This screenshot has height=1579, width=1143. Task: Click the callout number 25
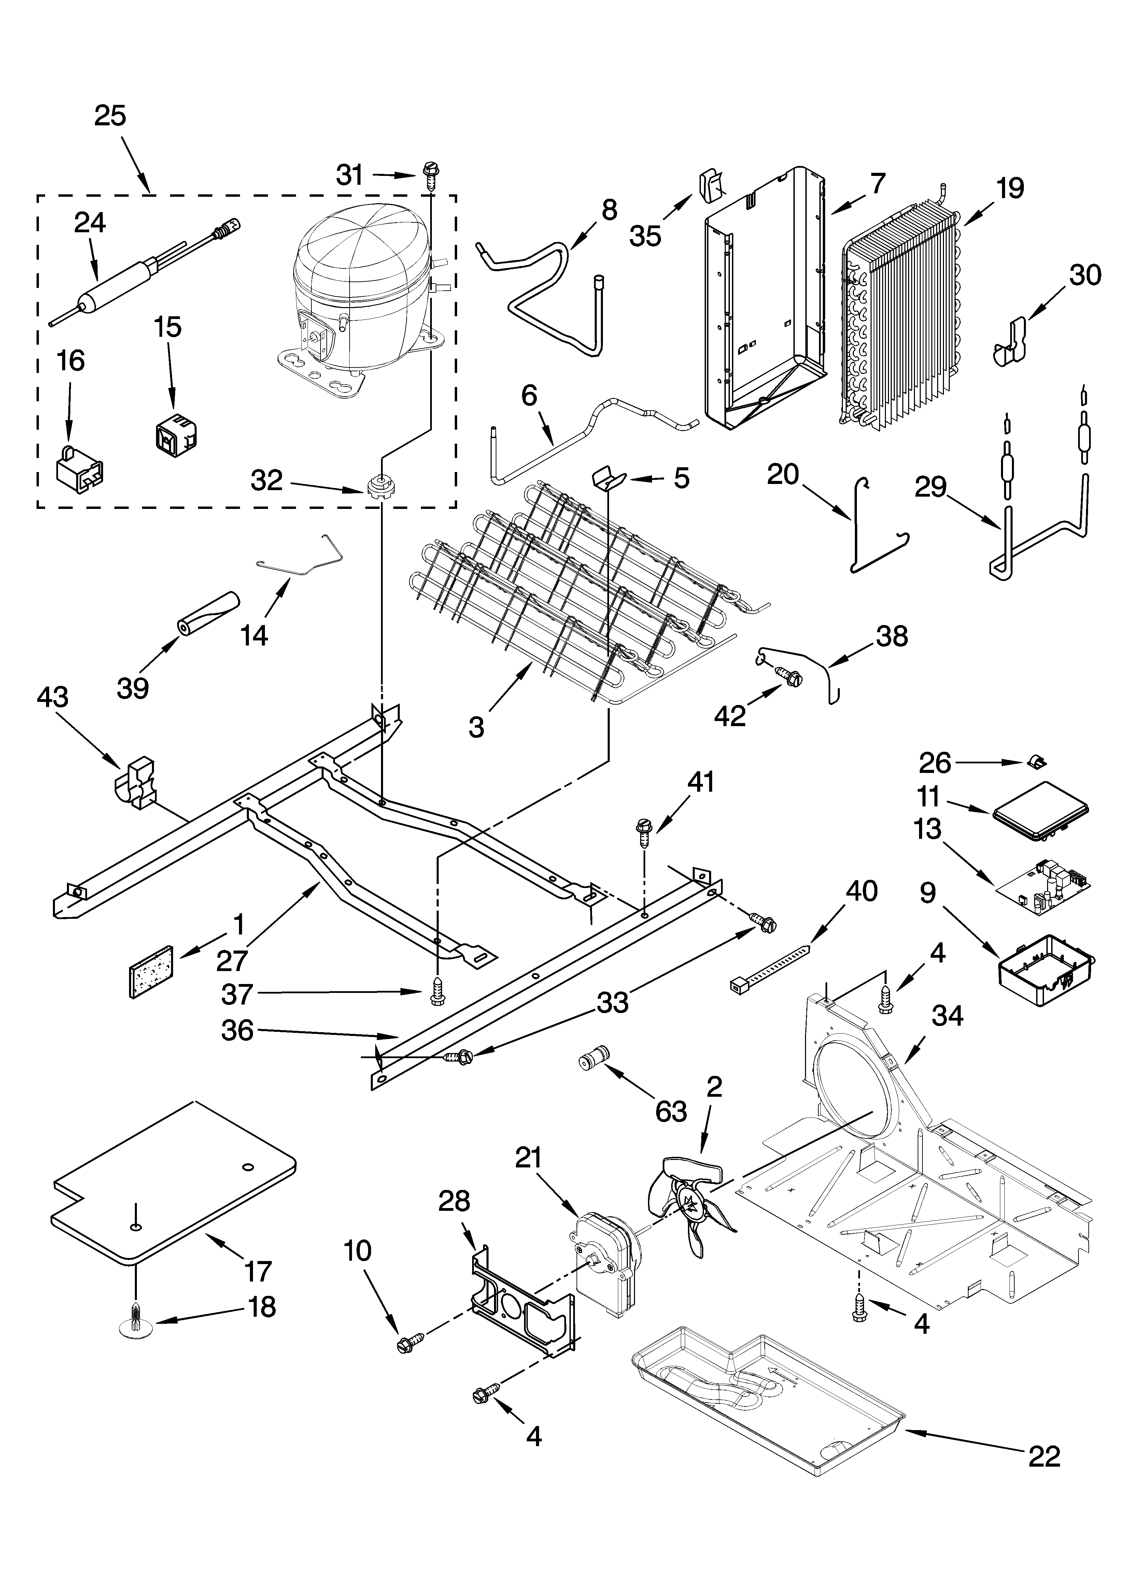click(x=110, y=115)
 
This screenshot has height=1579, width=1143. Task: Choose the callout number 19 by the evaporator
click(x=1010, y=188)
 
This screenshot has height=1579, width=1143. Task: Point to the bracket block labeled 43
click(x=138, y=783)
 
